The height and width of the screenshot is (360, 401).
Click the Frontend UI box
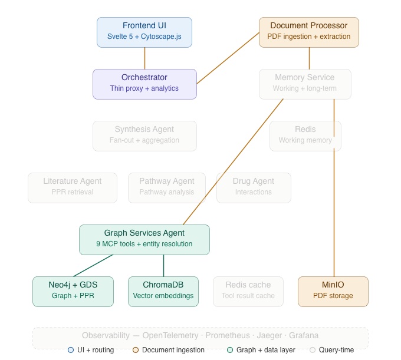click(x=144, y=32)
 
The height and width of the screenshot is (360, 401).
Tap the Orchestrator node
click(x=144, y=84)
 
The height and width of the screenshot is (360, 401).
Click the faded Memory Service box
click(x=305, y=84)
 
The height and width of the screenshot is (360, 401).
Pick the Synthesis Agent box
click(x=144, y=136)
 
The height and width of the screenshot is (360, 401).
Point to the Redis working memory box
click(x=305, y=136)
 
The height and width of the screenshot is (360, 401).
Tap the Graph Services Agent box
click(x=144, y=239)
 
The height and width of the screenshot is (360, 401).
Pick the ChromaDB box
click(x=163, y=291)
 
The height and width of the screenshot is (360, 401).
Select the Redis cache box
click(x=248, y=291)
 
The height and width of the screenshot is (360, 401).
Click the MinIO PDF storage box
click(x=333, y=291)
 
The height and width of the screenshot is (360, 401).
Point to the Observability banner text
click(x=200, y=335)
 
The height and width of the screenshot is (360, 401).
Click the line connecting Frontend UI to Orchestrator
click(x=144, y=58)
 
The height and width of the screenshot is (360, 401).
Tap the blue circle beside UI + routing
click(x=71, y=350)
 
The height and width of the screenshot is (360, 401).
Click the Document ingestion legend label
click(x=173, y=350)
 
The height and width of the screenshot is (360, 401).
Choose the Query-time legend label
click(x=336, y=350)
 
